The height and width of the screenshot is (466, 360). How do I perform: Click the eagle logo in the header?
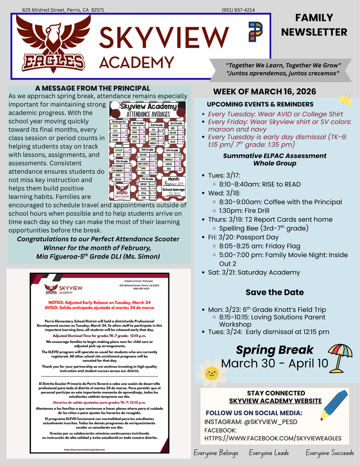(53, 43)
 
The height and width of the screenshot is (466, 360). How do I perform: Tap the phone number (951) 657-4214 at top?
(238, 9)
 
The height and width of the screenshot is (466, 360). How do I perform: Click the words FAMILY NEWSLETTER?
(314, 25)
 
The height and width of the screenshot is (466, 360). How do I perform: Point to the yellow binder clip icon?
(346, 97)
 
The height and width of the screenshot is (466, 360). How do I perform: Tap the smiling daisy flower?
(212, 373)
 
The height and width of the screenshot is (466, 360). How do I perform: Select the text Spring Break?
(274, 349)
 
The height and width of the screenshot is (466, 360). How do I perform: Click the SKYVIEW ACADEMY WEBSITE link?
(275, 401)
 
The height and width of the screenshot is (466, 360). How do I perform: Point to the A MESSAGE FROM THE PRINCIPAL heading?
(92, 88)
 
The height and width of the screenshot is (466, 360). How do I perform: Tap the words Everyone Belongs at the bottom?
(216, 453)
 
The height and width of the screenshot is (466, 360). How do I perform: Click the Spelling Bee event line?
(264, 228)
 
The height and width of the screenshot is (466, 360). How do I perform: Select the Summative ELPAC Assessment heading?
(274, 156)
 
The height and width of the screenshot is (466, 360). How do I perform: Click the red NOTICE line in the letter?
(99, 302)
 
